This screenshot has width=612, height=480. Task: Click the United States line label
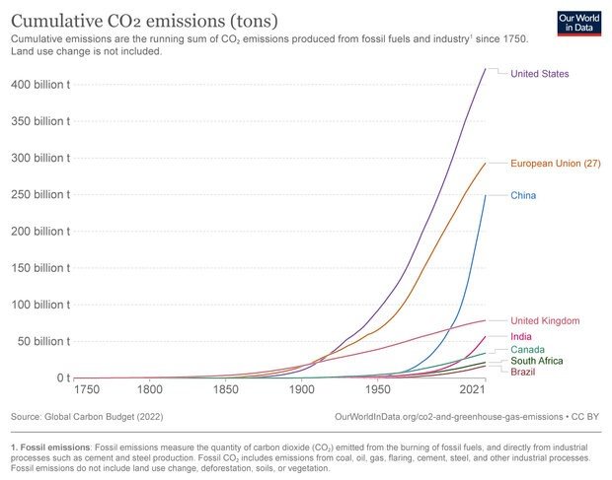click(x=539, y=74)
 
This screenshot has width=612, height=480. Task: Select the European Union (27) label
click(x=556, y=163)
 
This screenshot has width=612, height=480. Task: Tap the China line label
click(x=523, y=196)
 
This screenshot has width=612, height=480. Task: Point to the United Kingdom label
click(x=545, y=321)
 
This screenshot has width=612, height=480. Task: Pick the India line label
click(x=521, y=337)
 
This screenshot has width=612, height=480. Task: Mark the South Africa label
click(x=537, y=361)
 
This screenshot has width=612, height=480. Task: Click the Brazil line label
click(x=524, y=372)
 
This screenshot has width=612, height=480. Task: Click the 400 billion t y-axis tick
click(x=40, y=85)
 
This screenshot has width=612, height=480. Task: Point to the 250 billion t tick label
click(x=40, y=194)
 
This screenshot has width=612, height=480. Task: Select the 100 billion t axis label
click(x=40, y=305)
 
